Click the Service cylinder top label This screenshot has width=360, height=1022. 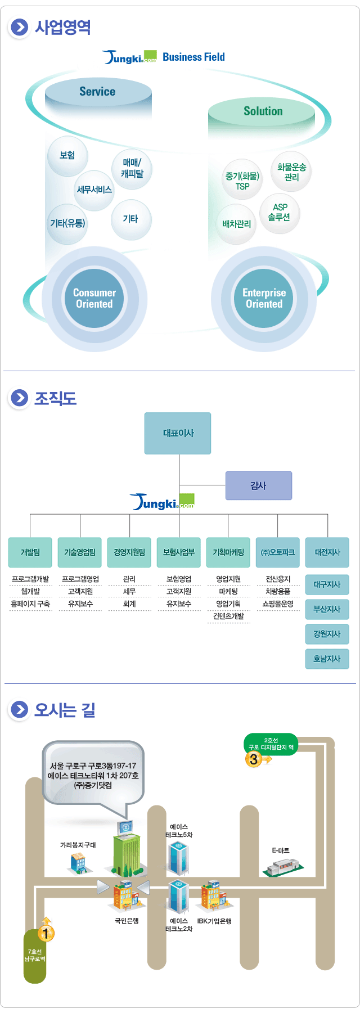(x=97, y=92)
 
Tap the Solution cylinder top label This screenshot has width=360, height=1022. (x=263, y=111)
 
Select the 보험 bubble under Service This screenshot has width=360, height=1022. (x=67, y=155)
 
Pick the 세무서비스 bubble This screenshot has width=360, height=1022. (x=94, y=190)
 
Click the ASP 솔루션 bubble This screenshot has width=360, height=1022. (x=280, y=212)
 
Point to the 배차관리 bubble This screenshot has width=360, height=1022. (x=236, y=224)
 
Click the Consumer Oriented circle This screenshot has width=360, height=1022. (x=94, y=298)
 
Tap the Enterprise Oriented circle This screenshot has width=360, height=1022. (x=264, y=298)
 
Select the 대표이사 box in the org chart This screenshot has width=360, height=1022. (x=178, y=433)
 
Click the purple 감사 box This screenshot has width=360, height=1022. (x=258, y=485)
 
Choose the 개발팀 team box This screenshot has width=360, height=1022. (x=30, y=552)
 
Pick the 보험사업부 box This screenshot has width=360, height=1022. (x=178, y=552)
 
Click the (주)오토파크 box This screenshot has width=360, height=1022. (x=277, y=552)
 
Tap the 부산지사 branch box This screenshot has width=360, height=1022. (x=327, y=609)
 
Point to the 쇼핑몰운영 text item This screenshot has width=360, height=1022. (x=278, y=604)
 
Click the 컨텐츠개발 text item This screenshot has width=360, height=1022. (x=228, y=616)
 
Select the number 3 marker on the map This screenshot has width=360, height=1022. (x=254, y=759)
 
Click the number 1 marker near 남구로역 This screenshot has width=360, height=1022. (x=46, y=934)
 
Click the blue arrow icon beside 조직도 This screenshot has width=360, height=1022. (x=19, y=398)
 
